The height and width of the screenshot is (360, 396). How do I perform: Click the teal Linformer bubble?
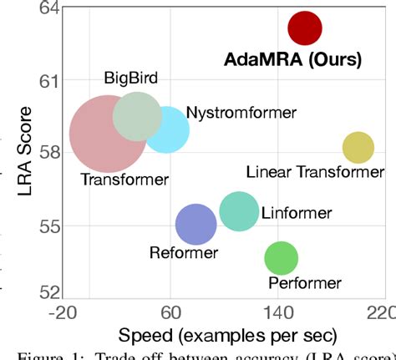pos(240,211)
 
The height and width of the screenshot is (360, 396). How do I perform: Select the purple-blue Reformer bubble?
pos(196,224)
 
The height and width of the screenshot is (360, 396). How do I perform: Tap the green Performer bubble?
pos(281,258)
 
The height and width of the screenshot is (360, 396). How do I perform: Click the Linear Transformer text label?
pos(315,172)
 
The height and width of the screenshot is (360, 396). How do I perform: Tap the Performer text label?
pos(304,283)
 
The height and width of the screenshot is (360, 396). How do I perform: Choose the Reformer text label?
pos(183,252)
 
